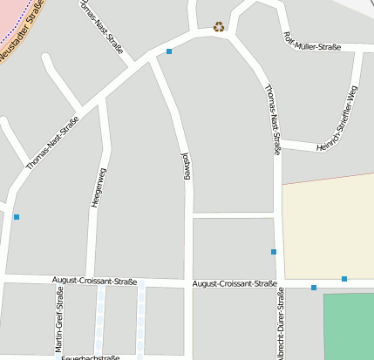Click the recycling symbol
(x=219, y=26)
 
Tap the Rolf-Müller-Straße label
(x=312, y=42)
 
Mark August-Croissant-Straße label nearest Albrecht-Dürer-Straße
(x=235, y=284)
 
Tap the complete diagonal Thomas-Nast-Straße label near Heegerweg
(x=53, y=142)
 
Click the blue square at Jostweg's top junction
(x=169, y=51)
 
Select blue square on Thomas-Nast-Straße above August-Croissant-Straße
(x=274, y=252)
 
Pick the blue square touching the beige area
(x=344, y=279)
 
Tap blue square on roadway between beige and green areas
(x=314, y=288)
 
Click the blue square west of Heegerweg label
(x=17, y=216)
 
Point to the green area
(x=349, y=327)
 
